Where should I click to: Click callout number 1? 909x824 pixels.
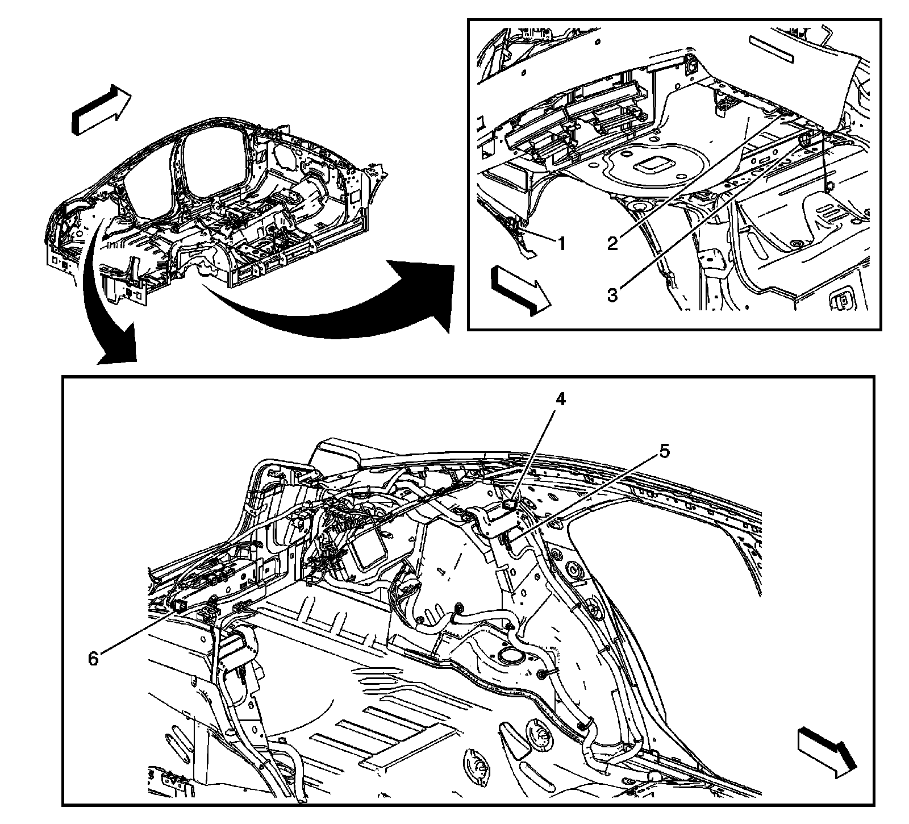[561, 244]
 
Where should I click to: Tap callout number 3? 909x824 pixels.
[612, 295]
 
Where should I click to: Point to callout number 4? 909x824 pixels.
[560, 399]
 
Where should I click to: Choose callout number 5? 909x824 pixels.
[664, 452]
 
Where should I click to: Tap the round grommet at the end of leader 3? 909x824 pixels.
[804, 139]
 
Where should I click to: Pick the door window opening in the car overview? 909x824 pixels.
[149, 170]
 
